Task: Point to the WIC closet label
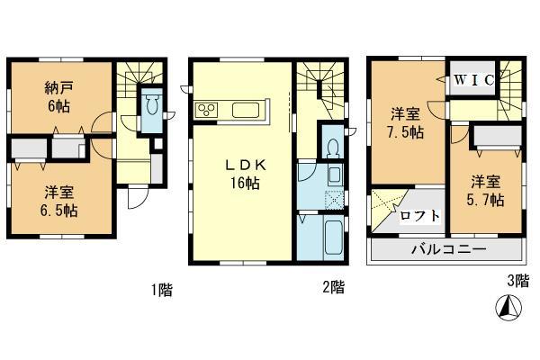coord(472,80)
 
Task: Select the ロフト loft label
coord(420,215)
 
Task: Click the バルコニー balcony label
coord(450,247)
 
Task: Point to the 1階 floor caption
coord(162,290)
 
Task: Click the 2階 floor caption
coord(331,288)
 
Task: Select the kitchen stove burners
coord(206,111)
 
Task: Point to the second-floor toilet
coord(332,146)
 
